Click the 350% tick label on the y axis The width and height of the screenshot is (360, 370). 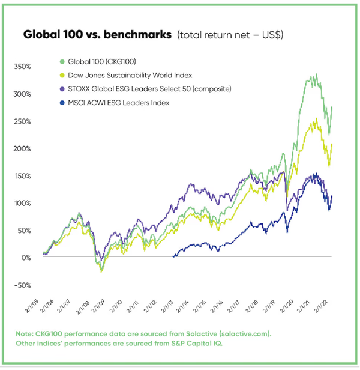tap(23, 66)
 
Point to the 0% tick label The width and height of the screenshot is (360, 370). tap(26, 258)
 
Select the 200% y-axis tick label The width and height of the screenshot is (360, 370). tap(23, 148)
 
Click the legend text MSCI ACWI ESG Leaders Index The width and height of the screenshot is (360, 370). tap(118, 103)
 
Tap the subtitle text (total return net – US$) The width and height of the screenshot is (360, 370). tap(230, 35)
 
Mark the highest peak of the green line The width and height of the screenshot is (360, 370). tap(316, 75)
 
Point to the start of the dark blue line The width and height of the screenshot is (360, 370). tap(173, 256)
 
